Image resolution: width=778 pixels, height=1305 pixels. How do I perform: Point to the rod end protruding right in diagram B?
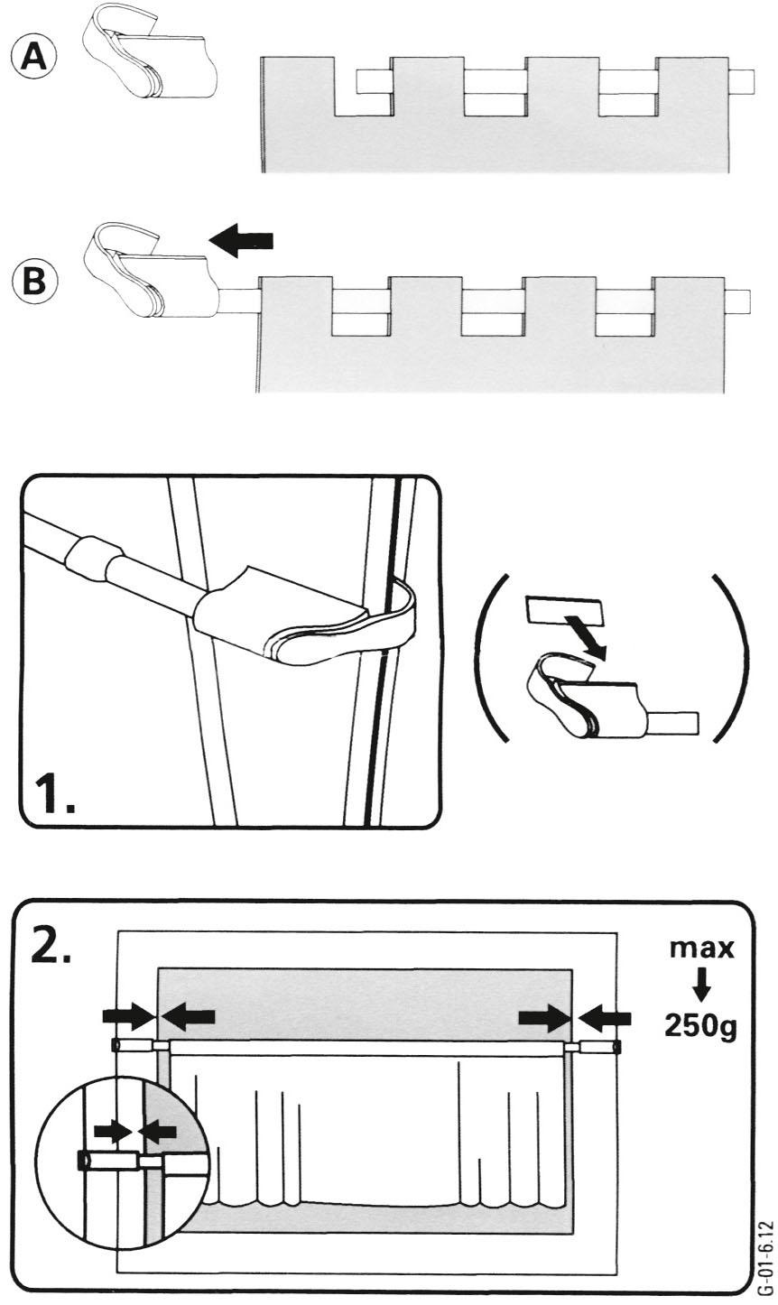(x=737, y=300)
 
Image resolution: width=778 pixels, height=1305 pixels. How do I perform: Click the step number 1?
(x=53, y=795)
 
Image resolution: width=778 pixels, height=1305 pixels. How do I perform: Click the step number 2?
(x=52, y=942)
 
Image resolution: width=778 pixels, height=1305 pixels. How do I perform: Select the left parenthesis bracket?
(x=491, y=656)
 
